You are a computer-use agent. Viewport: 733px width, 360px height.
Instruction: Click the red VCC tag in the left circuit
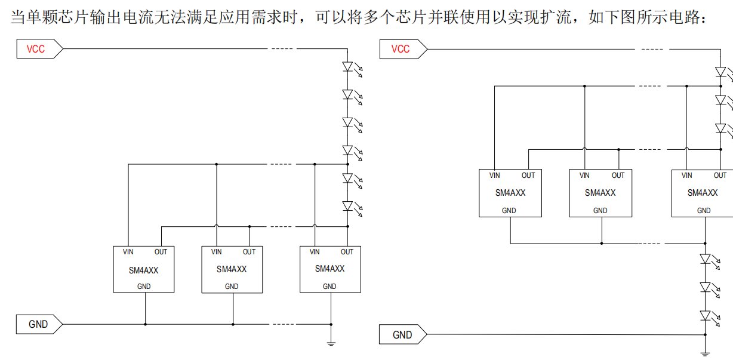pos(39,49)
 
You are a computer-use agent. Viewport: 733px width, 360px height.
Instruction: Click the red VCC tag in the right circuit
pos(403,49)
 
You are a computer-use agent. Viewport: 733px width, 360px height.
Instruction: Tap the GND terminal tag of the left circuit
pos(39,324)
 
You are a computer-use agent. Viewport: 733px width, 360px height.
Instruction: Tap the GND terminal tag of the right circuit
pos(403,334)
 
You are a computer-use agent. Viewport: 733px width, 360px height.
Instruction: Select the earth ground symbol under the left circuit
pos(331,344)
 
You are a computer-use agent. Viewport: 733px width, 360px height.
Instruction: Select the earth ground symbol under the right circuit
pos(705,354)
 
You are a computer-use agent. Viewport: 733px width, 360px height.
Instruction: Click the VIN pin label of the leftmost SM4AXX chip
pos(128,252)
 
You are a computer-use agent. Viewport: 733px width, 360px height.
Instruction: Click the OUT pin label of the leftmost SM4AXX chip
pos(161,252)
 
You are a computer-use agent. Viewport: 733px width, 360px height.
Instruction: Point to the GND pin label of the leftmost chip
pos(144,287)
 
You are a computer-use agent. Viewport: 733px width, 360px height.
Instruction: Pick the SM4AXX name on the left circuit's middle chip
pos(232,269)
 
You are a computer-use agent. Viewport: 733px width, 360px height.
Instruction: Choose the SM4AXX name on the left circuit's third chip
pos(329,269)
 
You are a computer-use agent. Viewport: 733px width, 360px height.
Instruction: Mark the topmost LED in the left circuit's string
pos(352,67)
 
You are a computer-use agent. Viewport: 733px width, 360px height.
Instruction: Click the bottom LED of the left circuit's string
pos(352,207)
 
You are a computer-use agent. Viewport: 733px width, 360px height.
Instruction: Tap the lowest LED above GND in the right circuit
pos(710,317)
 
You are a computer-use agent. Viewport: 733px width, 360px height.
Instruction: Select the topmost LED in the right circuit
pos(724,73)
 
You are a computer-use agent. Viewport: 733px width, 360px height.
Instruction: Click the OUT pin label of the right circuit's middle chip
pos(618,176)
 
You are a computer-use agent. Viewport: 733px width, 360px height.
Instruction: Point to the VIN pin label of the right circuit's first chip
pos(494,176)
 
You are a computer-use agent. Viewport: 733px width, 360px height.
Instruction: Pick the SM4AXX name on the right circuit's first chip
pos(510,193)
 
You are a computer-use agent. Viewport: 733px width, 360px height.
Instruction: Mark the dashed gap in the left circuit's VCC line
pos(282,49)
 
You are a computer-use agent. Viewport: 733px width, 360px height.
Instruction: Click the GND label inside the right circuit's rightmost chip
pos(704,210)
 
